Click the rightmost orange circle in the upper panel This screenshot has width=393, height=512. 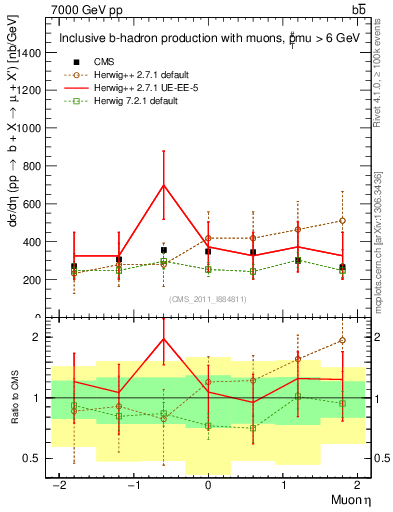(x=342, y=220)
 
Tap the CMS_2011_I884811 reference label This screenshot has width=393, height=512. (x=208, y=298)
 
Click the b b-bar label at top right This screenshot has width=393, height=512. (x=359, y=9)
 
